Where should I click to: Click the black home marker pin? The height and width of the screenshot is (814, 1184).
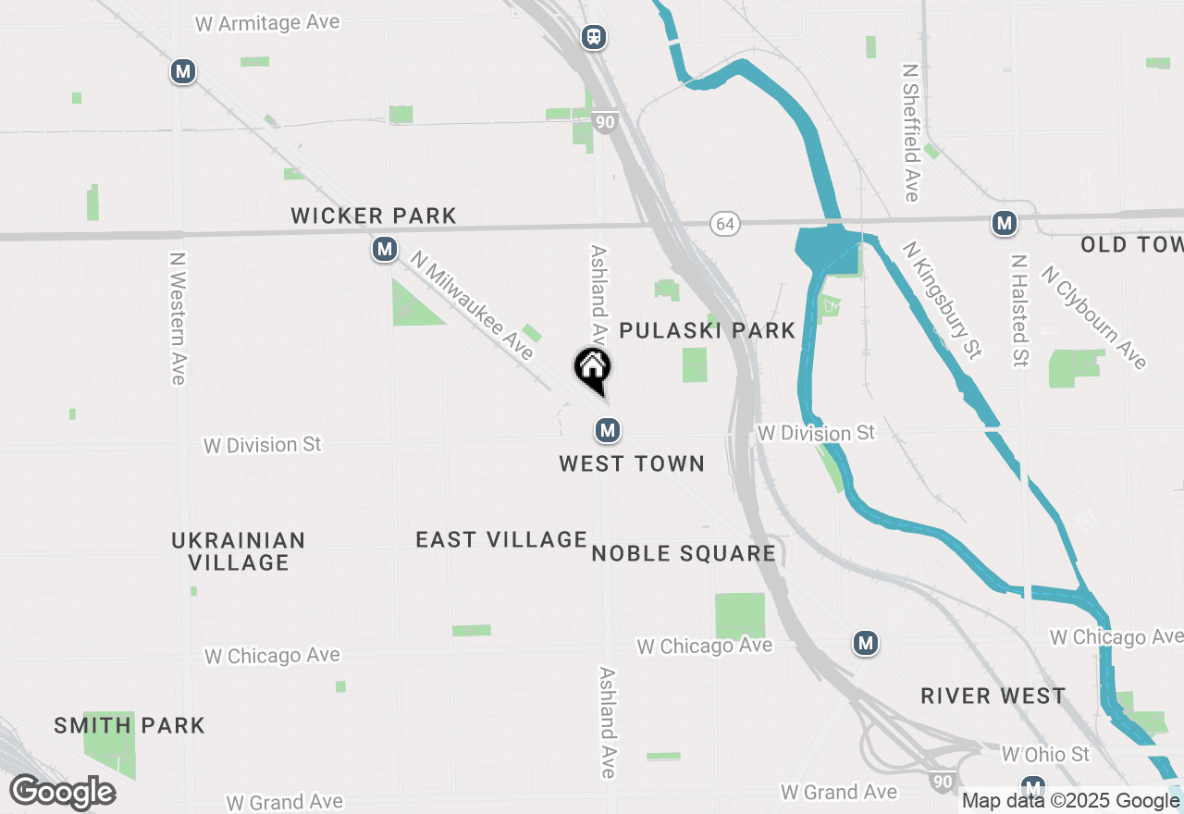[592, 369]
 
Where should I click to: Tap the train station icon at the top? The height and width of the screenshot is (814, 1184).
[593, 37]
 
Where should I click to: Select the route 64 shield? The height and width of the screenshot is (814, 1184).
[725, 224]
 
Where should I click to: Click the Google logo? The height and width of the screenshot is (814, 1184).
[63, 792]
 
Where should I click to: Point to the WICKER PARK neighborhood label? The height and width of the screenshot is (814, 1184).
[374, 216]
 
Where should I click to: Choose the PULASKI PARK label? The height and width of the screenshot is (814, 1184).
[707, 330]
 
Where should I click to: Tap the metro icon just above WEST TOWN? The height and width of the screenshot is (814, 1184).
[607, 429]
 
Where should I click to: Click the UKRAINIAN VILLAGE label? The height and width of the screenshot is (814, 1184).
[239, 551]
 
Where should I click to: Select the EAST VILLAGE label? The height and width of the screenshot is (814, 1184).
[501, 539]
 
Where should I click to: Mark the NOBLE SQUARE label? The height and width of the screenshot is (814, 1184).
[684, 553]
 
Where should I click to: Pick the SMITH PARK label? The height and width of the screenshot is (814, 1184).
[129, 725]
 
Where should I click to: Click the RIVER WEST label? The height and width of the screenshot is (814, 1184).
[993, 696]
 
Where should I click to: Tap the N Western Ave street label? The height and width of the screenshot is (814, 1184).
[178, 318]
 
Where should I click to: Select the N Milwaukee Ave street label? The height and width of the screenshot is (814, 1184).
[474, 307]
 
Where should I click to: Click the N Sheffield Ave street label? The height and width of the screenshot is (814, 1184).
[909, 132]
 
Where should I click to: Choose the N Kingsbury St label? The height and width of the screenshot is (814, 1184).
[943, 300]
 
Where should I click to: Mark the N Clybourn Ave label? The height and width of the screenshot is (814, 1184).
[1094, 316]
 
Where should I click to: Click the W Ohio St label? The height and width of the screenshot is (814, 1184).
[1045, 754]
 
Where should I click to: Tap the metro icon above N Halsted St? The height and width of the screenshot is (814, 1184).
[1004, 223]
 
